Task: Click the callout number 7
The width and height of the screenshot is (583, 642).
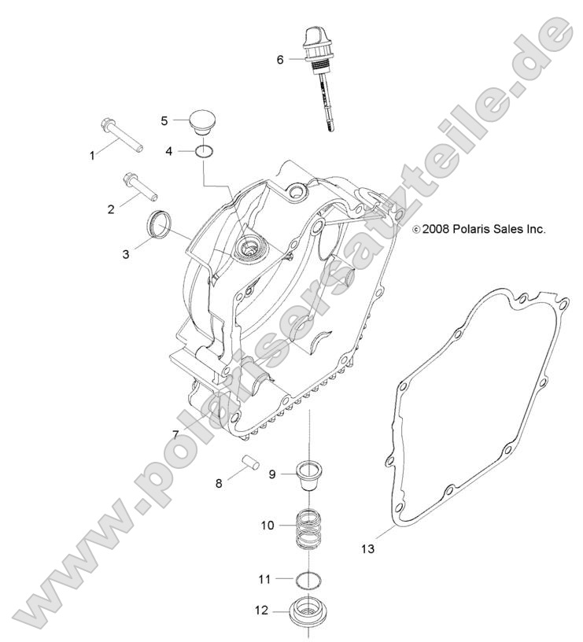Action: pos(176,435)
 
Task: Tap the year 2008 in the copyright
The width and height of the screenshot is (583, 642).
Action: pos(435,230)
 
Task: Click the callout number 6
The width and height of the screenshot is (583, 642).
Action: pos(279,59)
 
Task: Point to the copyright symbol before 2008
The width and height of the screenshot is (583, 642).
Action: pos(416,230)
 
